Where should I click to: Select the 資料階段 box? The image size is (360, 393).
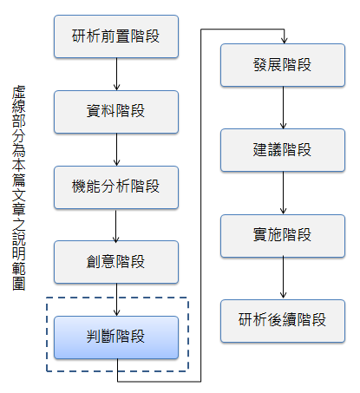coord(116,112)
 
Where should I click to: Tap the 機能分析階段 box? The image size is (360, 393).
coord(116,187)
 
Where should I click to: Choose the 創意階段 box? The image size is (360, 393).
coord(116,261)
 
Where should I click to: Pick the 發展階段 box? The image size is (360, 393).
coord(283,65)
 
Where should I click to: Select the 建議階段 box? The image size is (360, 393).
coord(283,150)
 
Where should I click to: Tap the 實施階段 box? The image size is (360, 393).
coord(283,234)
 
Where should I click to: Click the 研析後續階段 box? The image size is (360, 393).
coord(283,319)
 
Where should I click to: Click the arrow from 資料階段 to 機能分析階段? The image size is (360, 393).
coord(116,149)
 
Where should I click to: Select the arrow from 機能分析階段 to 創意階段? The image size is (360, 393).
coord(116,224)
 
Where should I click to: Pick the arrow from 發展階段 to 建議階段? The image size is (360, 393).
coord(283,108)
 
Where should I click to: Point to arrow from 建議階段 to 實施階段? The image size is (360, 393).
coord(283,193)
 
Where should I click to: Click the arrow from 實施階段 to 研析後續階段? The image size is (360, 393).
coord(283,277)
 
